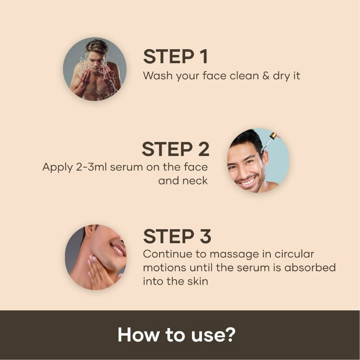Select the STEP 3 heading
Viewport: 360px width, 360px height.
(x=177, y=236)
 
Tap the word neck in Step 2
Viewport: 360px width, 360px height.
(x=195, y=180)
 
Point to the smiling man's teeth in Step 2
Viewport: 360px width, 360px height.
(x=247, y=182)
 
